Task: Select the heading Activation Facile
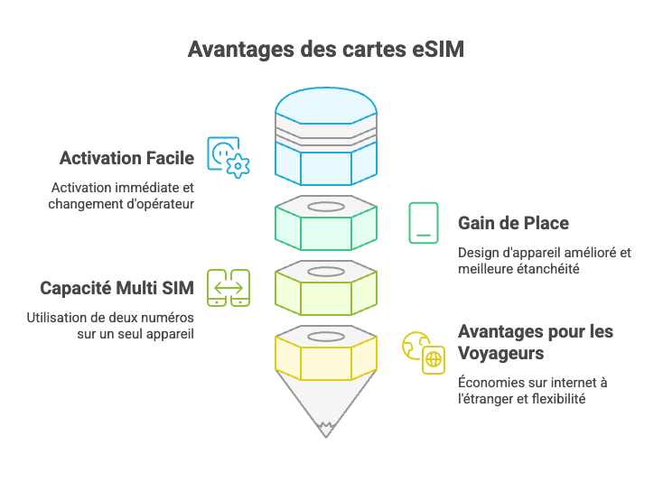click(126, 159)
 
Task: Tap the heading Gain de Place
click(513, 223)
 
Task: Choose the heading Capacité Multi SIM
click(117, 289)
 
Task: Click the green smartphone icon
click(423, 223)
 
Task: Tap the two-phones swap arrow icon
click(229, 288)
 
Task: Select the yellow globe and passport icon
click(424, 352)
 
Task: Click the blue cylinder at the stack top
click(326, 135)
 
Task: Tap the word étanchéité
click(560, 268)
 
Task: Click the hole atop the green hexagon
click(326, 207)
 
